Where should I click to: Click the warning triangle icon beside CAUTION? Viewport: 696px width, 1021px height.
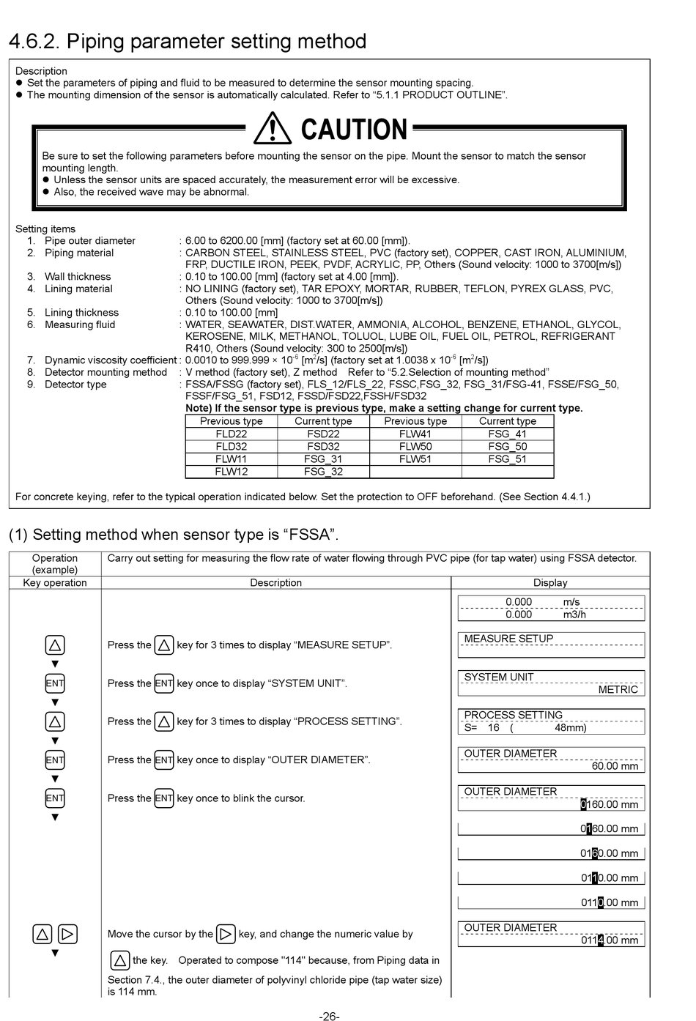click(272, 128)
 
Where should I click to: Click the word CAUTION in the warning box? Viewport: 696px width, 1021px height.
click(354, 130)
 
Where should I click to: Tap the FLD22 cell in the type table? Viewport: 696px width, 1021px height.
click(232, 434)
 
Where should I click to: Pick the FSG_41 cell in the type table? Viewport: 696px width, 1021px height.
click(508, 434)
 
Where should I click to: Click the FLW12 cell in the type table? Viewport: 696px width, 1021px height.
click(232, 472)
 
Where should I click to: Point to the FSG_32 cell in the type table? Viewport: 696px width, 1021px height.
click(323, 472)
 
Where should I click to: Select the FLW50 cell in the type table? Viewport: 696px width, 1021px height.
click(415, 446)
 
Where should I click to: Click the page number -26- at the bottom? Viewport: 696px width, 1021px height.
click(329, 1016)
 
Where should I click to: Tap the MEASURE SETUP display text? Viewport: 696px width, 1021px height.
click(508, 639)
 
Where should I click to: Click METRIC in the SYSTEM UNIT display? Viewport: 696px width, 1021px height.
click(618, 689)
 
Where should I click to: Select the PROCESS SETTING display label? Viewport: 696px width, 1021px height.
click(513, 715)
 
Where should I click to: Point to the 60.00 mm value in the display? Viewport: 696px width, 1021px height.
click(615, 766)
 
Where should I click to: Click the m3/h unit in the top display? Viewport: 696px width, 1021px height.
click(574, 615)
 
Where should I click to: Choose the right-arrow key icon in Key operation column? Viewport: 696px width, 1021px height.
click(67, 935)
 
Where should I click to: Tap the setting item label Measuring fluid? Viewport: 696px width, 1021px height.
click(80, 324)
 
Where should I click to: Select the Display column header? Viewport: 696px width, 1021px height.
click(550, 583)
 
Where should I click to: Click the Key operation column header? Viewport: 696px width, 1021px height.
click(55, 583)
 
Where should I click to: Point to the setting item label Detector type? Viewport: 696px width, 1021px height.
click(75, 385)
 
